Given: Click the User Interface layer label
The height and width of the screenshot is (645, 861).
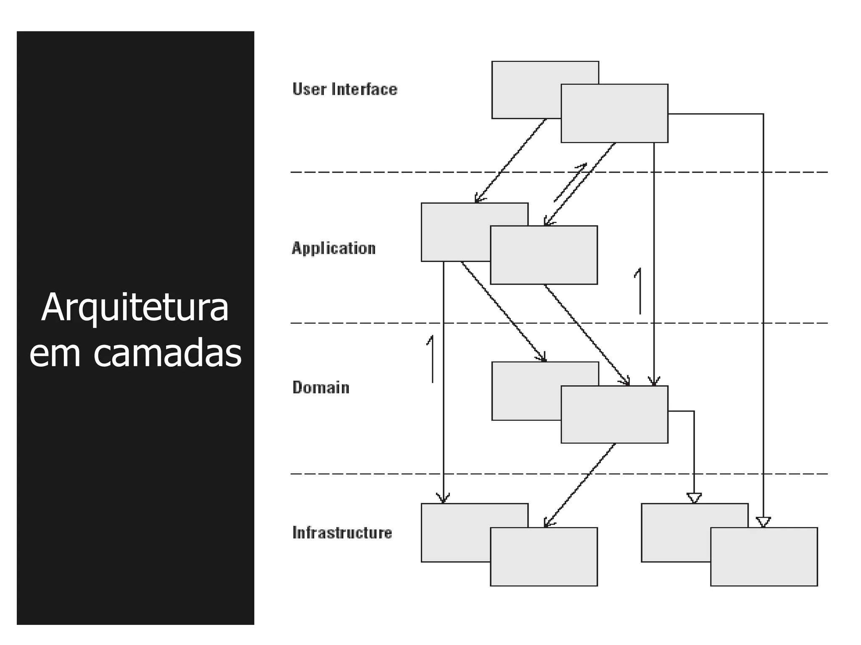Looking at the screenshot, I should [x=344, y=89].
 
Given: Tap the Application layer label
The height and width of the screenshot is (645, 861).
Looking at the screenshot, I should [x=333, y=248].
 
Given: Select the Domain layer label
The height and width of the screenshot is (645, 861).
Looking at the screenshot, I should [x=321, y=387].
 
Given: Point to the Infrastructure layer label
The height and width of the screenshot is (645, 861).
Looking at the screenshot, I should [x=342, y=532].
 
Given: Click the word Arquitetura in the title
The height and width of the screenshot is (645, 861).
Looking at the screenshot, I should [x=135, y=308].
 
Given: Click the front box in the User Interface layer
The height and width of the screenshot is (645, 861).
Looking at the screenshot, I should [x=614, y=113].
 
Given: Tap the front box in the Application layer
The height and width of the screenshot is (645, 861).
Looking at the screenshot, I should [x=544, y=255].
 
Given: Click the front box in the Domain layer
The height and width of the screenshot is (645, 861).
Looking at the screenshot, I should [x=614, y=414].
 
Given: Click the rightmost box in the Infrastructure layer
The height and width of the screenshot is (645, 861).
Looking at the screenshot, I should [x=763, y=556].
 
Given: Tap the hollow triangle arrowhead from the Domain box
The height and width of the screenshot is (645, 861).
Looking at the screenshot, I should [x=694, y=498].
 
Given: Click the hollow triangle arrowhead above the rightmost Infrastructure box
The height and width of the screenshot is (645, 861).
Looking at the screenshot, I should [x=763, y=522].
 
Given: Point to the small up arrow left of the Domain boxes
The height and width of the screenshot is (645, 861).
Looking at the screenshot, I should [x=431, y=359].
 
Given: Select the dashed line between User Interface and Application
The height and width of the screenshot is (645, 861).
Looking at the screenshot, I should [x=378, y=172].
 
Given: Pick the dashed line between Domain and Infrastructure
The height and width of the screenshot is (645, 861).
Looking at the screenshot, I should [x=378, y=474].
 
